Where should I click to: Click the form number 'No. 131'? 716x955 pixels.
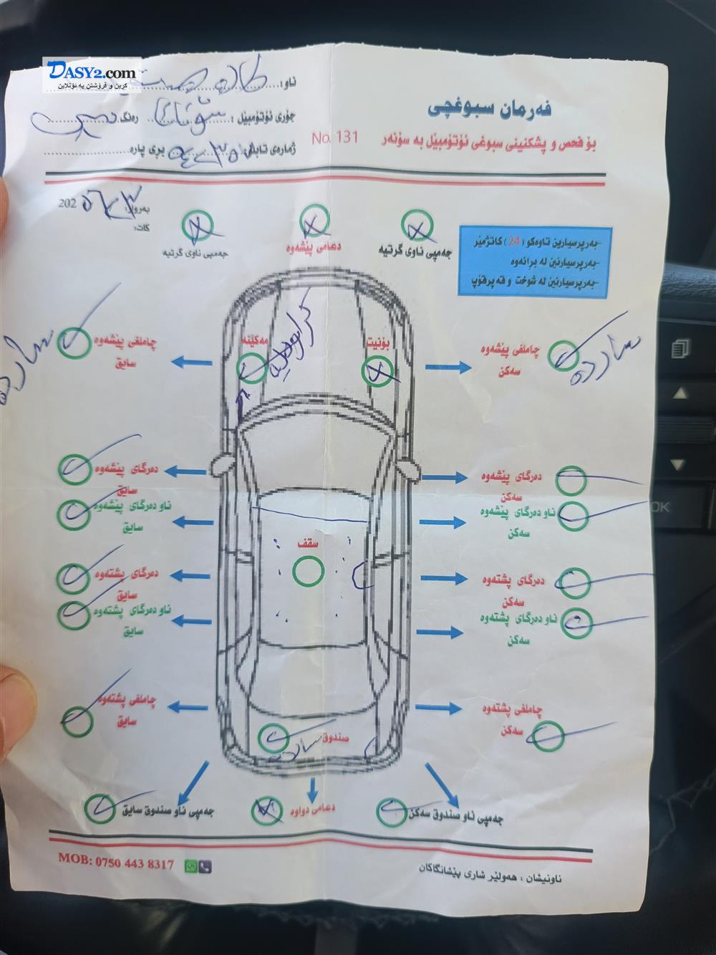click(334, 137)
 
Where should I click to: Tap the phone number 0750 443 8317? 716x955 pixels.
click(134, 863)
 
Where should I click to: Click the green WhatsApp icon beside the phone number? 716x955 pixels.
click(191, 865)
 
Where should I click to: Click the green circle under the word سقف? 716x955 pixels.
click(308, 571)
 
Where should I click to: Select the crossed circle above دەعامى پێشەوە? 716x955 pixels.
click(314, 220)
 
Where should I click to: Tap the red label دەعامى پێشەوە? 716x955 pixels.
click(314, 247)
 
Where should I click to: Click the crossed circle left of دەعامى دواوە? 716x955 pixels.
click(266, 810)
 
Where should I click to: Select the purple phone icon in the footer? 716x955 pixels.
click(205, 865)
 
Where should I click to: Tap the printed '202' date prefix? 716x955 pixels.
click(68, 203)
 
